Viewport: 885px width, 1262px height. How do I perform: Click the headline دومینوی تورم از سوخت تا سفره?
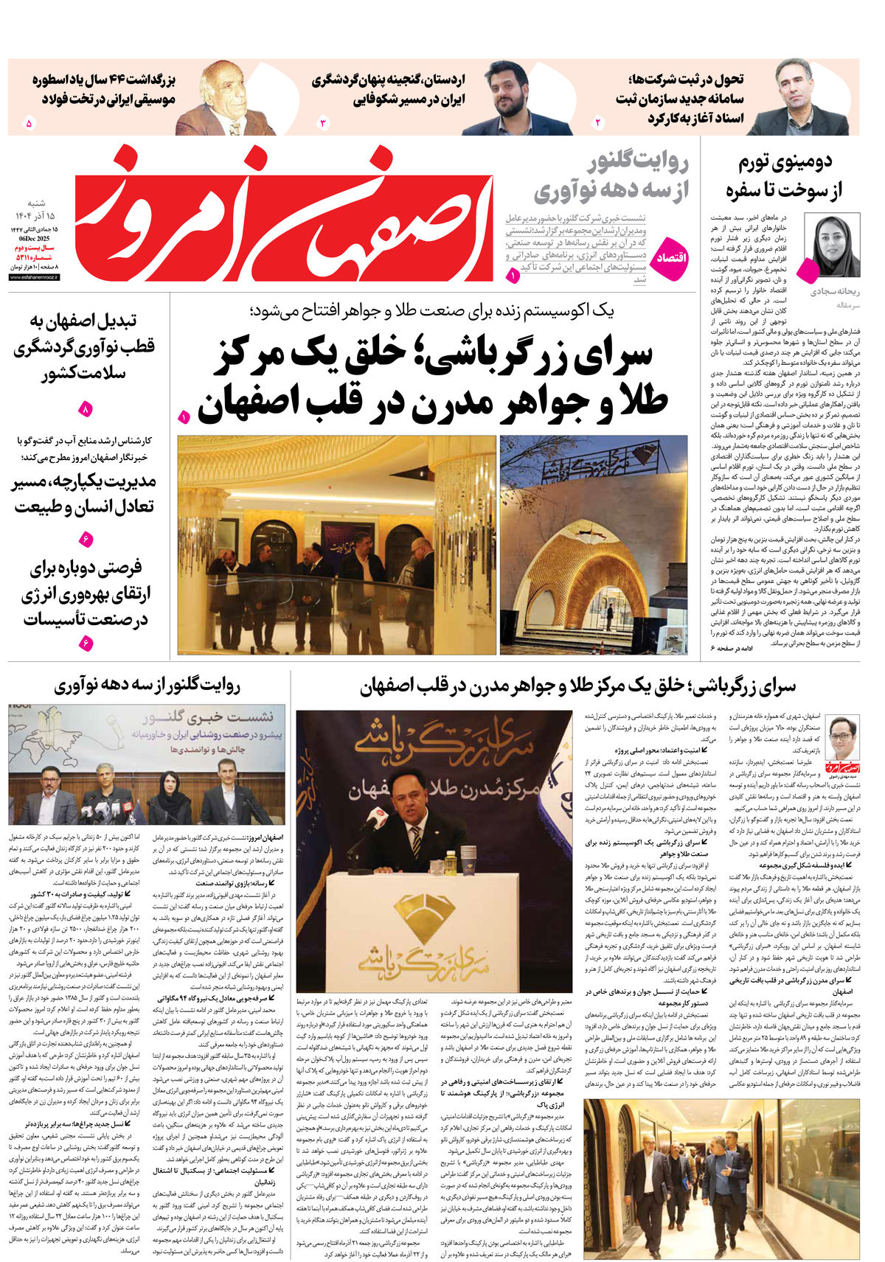click(784, 175)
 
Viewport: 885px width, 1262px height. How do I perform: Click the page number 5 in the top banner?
click(29, 123)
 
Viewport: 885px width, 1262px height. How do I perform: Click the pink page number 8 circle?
click(85, 408)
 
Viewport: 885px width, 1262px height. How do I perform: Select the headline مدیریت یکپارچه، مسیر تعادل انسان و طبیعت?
click(84, 495)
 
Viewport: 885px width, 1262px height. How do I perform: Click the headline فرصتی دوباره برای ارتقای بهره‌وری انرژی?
click(84, 593)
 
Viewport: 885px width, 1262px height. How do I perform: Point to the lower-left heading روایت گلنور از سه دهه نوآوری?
click(147, 686)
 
